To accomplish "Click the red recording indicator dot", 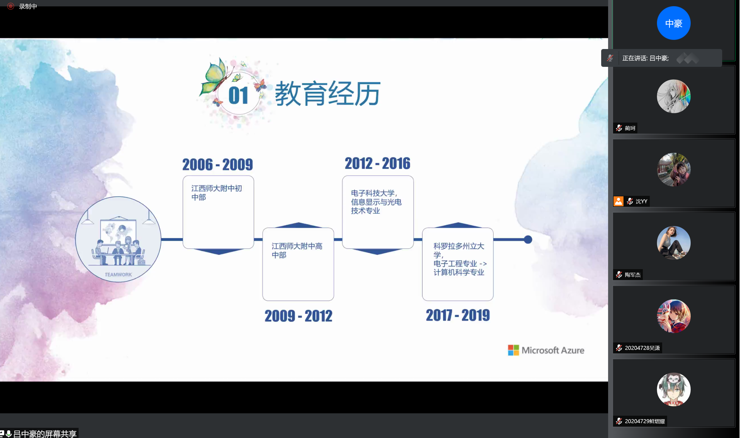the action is coord(11,6).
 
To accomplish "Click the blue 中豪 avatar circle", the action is coord(674,23).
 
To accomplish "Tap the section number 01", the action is coord(238,95).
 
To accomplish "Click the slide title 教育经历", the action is coord(327,94).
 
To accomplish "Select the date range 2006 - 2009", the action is coord(217,164).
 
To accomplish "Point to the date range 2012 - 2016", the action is coord(377,163).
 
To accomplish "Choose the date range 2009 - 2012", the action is coord(298,316).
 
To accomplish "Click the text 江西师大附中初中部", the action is coord(216,193).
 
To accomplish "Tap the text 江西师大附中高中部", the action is coord(297,250).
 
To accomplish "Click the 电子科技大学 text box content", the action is coord(376,202).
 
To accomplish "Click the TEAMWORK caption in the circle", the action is coord(118,275).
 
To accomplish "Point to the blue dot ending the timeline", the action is coord(528,239).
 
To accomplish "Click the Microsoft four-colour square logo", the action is coord(513,350).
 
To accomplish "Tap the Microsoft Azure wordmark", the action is coord(553,350).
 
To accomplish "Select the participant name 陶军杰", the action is coord(633,275).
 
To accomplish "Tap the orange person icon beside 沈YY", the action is coord(618,201).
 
